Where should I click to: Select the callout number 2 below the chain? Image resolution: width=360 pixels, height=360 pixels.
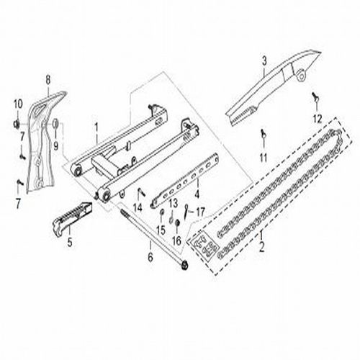pos(261,246)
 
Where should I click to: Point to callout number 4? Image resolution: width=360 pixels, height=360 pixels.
pos(197,193)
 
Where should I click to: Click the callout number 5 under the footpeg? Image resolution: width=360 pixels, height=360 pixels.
pos(70,243)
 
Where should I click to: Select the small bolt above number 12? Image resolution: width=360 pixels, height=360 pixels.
pos(315,96)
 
